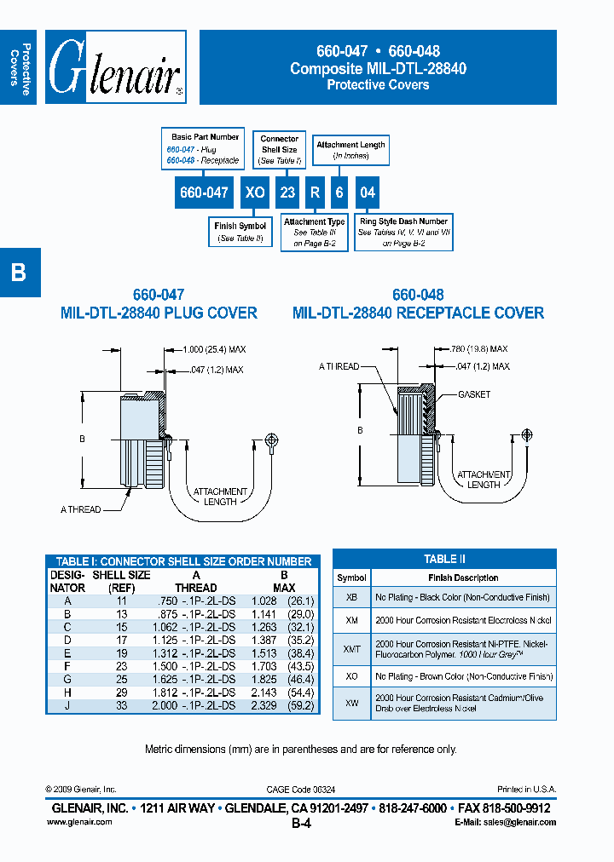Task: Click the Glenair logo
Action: click(114, 67)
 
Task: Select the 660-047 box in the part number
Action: click(203, 193)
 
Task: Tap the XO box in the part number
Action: click(254, 193)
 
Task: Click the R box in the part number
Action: click(314, 193)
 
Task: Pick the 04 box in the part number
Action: click(367, 193)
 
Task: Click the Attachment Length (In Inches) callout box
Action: click(350, 150)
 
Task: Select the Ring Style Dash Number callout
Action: click(403, 232)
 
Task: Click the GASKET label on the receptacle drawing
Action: click(474, 394)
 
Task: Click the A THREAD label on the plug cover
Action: click(80, 509)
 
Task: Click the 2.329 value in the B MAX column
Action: click(266, 706)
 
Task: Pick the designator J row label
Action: click(67, 706)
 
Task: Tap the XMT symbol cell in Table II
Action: click(352, 648)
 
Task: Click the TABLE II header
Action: click(444, 559)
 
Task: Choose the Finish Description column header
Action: click(463, 578)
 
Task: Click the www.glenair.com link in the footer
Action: click(74, 822)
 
